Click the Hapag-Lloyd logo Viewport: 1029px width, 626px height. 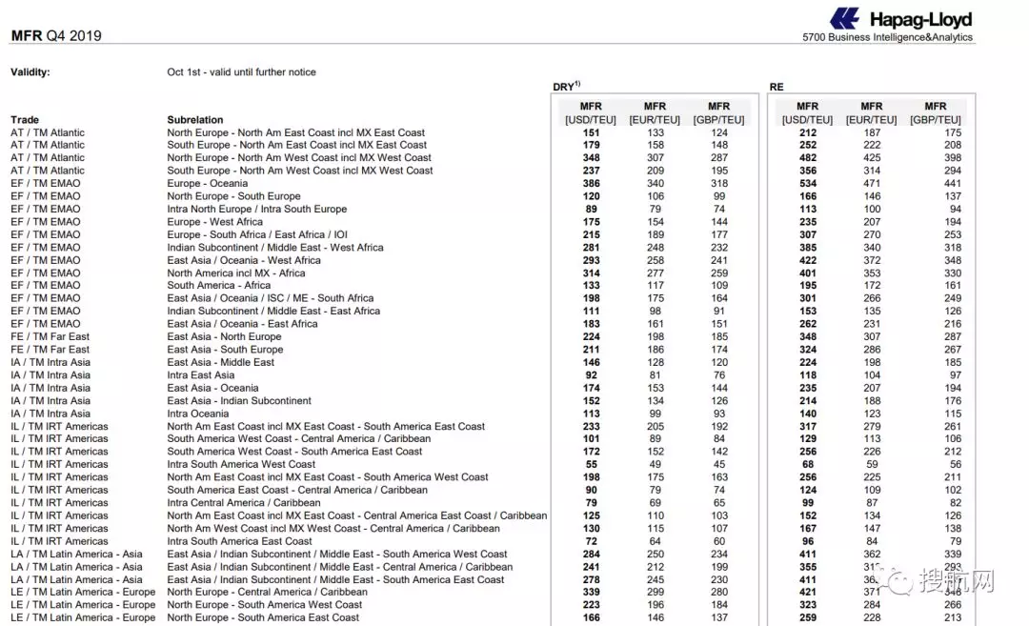point(900,18)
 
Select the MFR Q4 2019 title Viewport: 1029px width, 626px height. point(55,36)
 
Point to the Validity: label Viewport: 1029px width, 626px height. point(30,72)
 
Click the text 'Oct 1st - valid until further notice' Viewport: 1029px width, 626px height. point(241,72)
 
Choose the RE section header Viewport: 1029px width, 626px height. point(777,87)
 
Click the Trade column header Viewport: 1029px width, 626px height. point(25,120)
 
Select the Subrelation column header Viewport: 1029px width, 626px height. point(195,120)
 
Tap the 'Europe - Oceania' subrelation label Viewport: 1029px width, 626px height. point(208,184)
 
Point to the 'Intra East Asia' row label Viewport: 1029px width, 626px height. point(201,375)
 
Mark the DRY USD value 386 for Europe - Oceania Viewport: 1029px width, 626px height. point(591,184)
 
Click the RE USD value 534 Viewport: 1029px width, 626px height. point(807,184)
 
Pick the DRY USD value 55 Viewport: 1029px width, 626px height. point(591,464)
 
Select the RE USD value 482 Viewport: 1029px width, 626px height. point(807,158)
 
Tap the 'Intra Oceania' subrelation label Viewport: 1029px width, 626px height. point(198,414)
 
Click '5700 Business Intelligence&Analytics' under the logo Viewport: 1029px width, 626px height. point(888,38)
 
